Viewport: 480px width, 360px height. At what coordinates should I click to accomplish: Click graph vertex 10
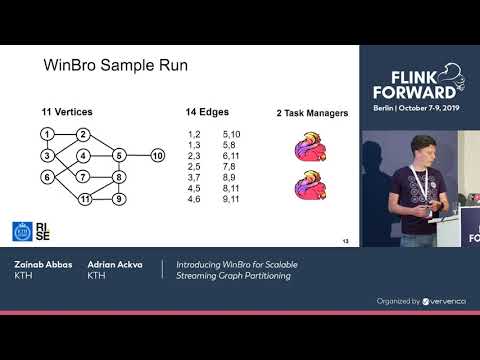point(157,155)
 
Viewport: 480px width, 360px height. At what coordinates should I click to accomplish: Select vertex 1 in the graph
point(47,134)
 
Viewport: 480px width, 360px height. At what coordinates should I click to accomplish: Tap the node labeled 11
point(85,199)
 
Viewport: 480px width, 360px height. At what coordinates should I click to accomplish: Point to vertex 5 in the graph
point(119,155)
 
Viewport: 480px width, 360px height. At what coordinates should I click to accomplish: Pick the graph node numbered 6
point(47,177)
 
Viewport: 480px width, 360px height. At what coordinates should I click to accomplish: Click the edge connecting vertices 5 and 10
point(138,155)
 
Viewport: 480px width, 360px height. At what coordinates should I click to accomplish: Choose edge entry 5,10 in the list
point(231,134)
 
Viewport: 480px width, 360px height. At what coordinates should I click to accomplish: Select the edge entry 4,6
point(196,199)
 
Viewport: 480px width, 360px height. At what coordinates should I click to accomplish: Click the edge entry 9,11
point(231,199)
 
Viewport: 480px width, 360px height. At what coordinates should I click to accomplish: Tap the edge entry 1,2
point(196,134)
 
